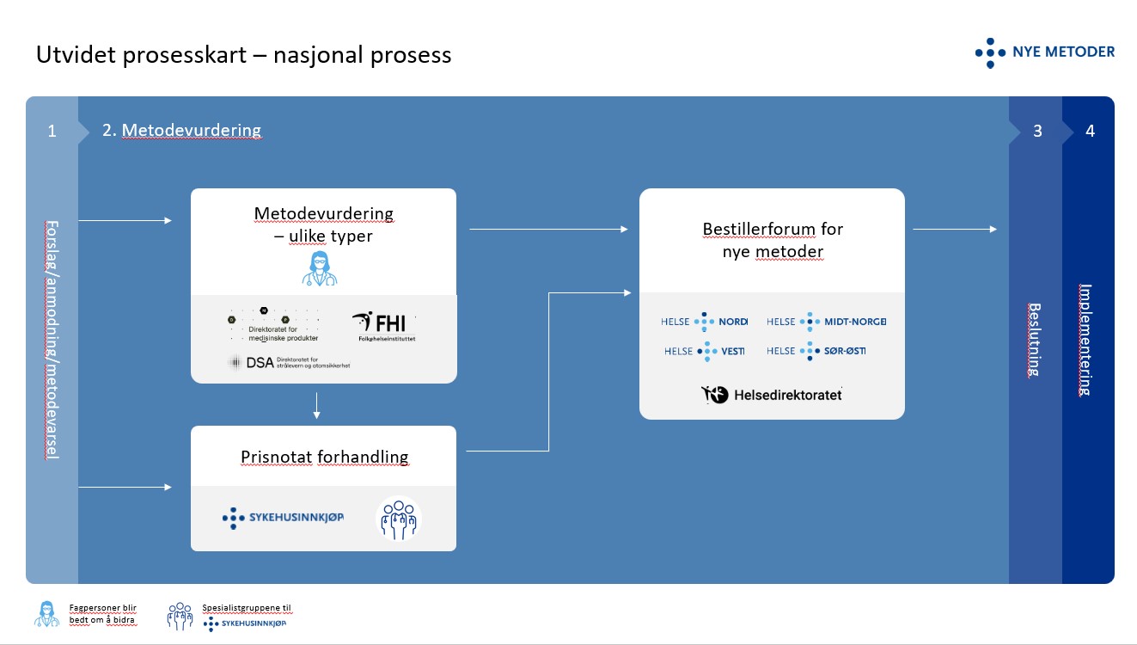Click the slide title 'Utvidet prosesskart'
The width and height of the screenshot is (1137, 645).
click(x=243, y=55)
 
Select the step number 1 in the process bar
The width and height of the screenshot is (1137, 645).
click(x=52, y=132)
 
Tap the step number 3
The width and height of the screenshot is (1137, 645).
click(x=1037, y=132)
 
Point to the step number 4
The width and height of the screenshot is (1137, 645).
click(x=1090, y=132)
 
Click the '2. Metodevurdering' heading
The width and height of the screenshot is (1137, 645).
click(x=181, y=131)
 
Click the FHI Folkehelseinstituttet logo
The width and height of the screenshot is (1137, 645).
click(x=383, y=328)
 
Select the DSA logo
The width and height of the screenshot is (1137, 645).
click(x=289, y=363)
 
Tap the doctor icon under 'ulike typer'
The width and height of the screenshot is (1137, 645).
click(x=319, y=267)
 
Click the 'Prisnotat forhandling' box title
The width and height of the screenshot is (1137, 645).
click(x=324, y=457)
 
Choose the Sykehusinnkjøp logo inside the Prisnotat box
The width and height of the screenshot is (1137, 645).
click(x=283, y=518)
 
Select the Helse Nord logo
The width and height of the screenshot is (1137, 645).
click(x=704, y=322)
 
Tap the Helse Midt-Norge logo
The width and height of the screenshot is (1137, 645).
click(x=826, y=322)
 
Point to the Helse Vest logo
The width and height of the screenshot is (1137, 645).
click(x=704, y=351)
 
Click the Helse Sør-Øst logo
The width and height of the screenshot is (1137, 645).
click(x=816, y=351)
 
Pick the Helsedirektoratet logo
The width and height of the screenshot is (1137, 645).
click(x=771, y=395)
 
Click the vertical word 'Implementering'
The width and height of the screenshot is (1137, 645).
click(x=1085, y=339)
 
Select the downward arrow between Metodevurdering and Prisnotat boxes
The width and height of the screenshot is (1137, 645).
click(x=317, y=406)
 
